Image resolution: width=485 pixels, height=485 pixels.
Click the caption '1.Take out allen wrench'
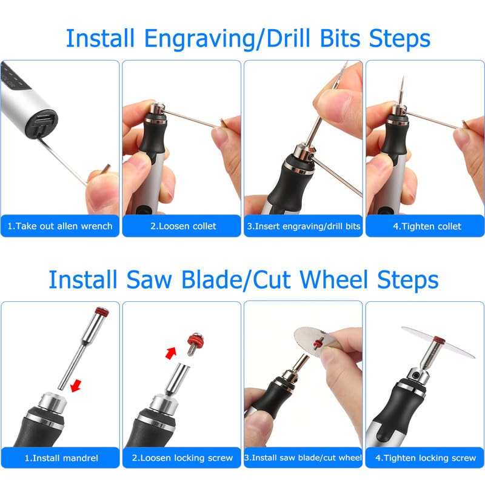tap(60, 226)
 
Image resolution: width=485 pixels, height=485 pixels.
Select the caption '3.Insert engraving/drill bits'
tap(303, 226)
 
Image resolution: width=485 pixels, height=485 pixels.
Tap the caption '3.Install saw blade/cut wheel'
tap(303, 458)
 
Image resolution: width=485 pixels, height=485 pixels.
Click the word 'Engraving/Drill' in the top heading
tap(221, 39)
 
